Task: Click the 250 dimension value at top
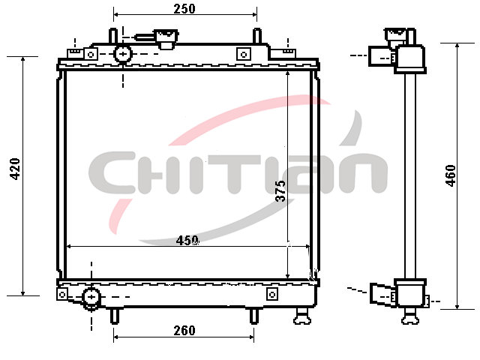(x=184, y=8)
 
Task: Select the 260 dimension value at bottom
(x=184, y=331)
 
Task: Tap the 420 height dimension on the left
(x=15, y=169)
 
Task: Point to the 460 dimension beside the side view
(x=451, y=175)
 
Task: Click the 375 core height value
(x=280, y=190)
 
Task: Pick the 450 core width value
(x=187, y=241)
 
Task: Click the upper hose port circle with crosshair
(x=123, y=54)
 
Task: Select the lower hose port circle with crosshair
(x=91, y=297)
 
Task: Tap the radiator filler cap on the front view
(x=166, y=38)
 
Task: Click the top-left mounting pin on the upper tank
(x=113, y=36)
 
